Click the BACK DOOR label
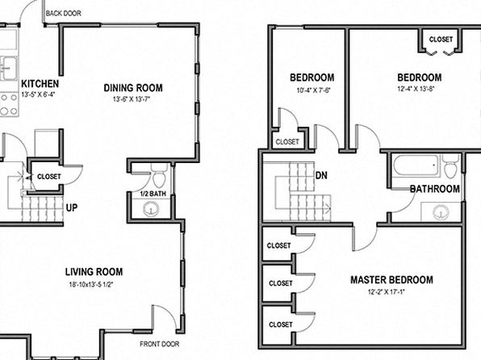(64, 14)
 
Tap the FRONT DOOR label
(160, 344)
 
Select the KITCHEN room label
(40, 84)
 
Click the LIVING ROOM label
(94, 271)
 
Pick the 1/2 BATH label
(153, 194)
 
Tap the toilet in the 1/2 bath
(159, 175)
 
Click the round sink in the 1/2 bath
(151, 209)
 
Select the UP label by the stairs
(72, 207)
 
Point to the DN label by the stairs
(321, 175)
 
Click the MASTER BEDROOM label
(391, 280)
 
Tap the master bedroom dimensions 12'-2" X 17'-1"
(387, 292)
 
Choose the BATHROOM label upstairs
(435, 189)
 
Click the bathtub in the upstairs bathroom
(416, 165)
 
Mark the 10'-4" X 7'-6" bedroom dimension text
(313, 90)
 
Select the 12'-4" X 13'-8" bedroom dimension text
(416, 90)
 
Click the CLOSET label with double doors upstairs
(441, 40)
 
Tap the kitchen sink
(9, 69)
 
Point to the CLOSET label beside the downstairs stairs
(48, 177)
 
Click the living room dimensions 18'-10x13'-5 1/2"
(91, 284)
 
